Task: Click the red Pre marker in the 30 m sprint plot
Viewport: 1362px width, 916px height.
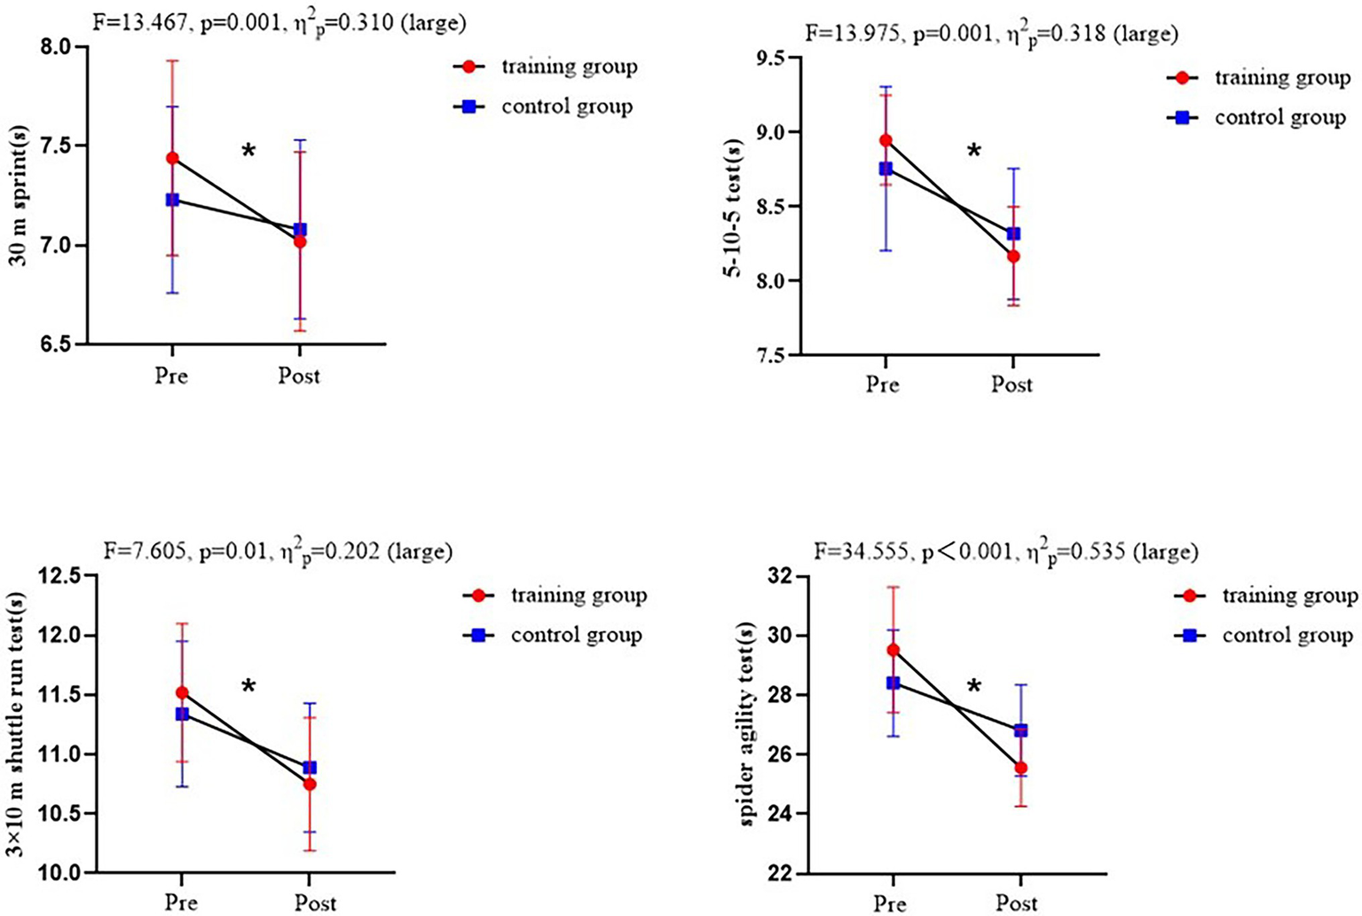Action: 172,158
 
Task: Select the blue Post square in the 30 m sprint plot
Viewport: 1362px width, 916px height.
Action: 300,230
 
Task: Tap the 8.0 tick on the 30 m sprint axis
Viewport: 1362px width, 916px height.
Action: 59,46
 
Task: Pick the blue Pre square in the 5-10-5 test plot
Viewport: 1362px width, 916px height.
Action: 886,169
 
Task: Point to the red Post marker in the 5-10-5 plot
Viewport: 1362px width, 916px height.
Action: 1012,257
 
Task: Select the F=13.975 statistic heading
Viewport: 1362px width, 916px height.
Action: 991,34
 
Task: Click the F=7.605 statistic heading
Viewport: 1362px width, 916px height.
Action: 278,552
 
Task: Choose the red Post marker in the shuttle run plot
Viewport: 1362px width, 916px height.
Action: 310,784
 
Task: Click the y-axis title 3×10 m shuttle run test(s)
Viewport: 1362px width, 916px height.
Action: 16,725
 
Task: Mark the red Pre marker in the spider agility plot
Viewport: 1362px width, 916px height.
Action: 894,650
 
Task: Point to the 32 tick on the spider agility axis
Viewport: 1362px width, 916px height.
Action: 781,576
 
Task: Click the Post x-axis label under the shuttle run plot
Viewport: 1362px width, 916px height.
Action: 315,903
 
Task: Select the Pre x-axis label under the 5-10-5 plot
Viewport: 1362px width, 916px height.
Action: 882,384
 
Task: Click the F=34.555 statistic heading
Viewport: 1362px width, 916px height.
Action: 1006,552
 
